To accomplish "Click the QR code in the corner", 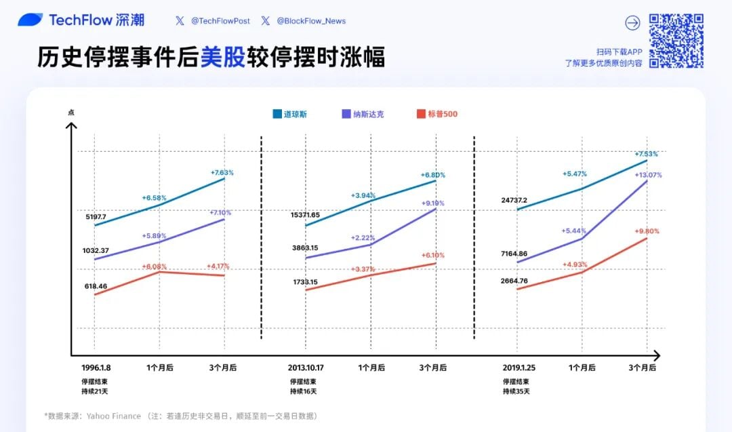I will point(676,41).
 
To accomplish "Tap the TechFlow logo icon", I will point(30,20).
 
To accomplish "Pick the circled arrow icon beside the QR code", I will point(632,23).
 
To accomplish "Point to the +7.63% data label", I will point(222,172).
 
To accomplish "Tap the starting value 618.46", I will point(95,287).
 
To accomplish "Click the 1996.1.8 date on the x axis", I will point(96,368).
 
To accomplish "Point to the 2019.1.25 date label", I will point(518,368).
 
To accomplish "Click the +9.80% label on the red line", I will point(647,231).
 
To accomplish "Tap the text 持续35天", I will point(516,391).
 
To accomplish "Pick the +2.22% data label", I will point(363,237).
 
